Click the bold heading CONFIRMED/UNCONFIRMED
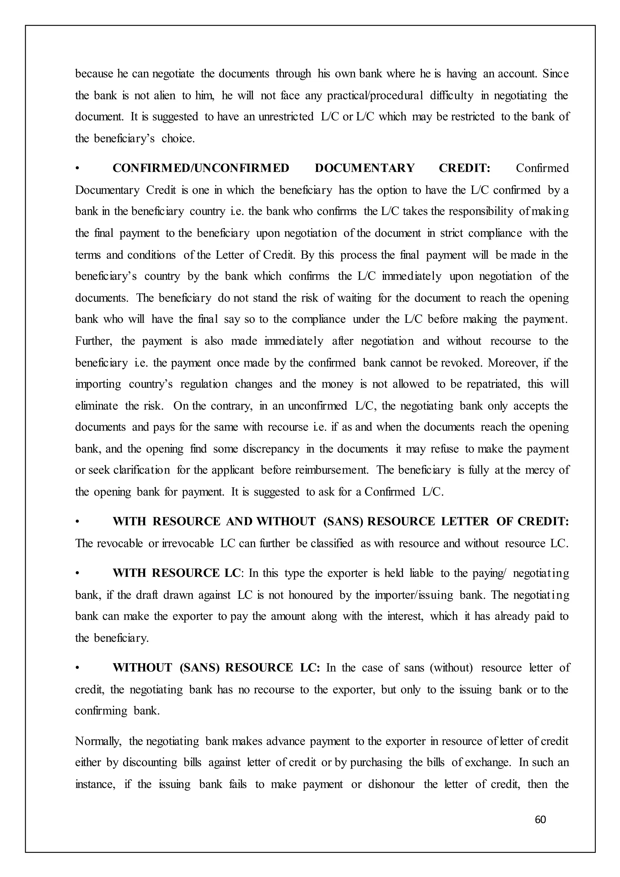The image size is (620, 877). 201,168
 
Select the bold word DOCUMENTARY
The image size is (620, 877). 364,168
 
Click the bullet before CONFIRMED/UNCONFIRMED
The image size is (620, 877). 77,168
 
